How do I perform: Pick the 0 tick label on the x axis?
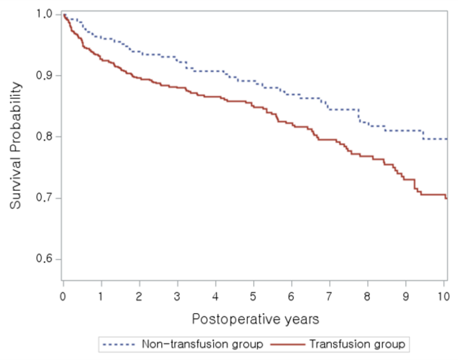(63, 294)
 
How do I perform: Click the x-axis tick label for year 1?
(101, 294)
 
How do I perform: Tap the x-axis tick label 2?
(139, 294)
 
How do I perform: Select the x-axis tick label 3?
(177, 294)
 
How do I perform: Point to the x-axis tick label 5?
(253, 294)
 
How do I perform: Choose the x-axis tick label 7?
(330, 294)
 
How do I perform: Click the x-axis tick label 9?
(406, 294)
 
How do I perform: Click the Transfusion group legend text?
(358, 345)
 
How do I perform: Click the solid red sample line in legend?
(289, 345)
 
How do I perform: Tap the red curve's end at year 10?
(446, 198)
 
